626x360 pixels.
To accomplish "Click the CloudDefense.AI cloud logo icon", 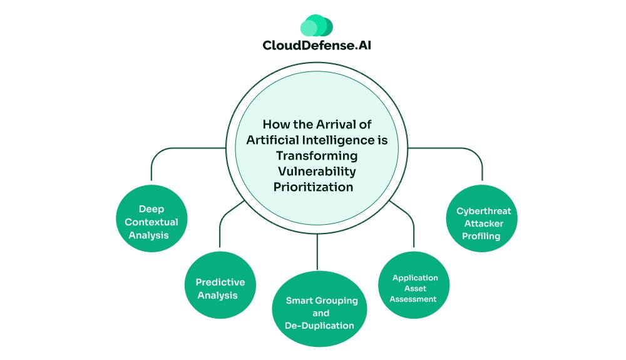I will [x=316, y=26].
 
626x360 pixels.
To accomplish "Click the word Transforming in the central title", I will [x=317, y=155].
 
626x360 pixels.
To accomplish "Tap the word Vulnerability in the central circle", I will [x=317, y=171].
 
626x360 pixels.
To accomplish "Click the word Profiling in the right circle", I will [x=481, y=236].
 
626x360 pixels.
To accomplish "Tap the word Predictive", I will [x=220, y=282].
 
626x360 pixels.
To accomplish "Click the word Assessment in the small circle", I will [x=413, y=299].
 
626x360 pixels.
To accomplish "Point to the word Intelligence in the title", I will [x=342, y=140].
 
